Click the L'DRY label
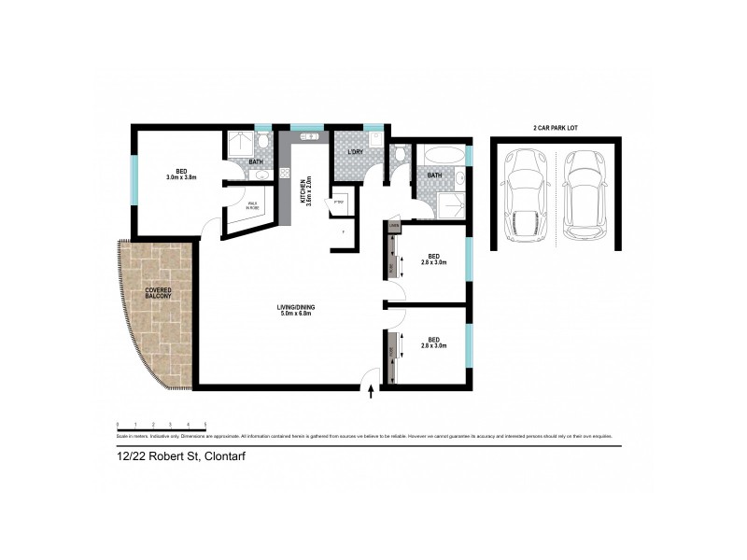[x=355, y=152]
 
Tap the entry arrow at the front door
[x=373, y=393]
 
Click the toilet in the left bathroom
[x=265, y=142]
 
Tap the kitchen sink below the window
[x=308, y=137]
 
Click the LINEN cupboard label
[x=394, y=226]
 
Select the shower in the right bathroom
[x=452, y=206]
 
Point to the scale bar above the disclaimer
[x=160, y=427]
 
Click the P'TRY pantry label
[x=338, y=203]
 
